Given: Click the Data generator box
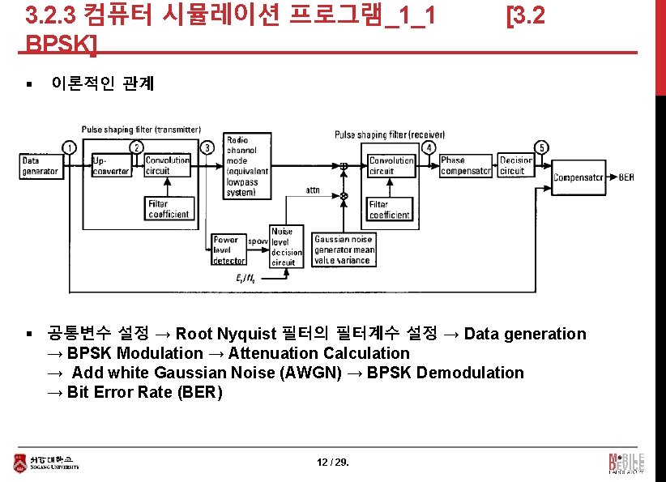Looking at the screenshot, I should click(41, 166).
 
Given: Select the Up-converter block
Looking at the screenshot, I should click(111, 166).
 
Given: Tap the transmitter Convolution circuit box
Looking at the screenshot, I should click(168, 166).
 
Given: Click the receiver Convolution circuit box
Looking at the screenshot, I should click(391, 166).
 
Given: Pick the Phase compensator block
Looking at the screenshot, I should click(465, 166).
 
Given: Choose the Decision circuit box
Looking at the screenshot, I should click(516, 166).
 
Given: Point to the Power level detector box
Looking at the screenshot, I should click(228, 250).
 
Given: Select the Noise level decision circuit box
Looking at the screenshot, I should click(285, 247).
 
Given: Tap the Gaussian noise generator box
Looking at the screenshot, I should click(344, 250).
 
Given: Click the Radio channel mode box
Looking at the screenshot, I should click(248, 166).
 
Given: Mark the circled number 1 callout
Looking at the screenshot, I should click(70, 147).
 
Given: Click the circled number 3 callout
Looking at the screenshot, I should click(208, 147).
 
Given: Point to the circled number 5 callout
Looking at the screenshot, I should click(541, 147).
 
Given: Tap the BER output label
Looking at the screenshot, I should click(625, 177).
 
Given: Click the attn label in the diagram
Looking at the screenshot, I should click(312, 190).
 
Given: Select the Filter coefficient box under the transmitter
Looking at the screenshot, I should click(169, 209).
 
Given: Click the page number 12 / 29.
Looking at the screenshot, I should click(332, 463).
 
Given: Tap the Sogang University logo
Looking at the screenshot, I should click(46, 463).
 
